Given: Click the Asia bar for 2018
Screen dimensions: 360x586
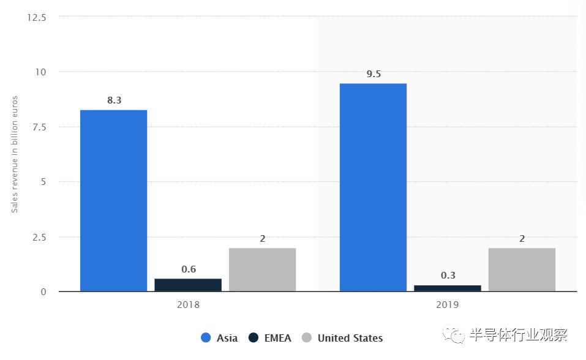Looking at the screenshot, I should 113,200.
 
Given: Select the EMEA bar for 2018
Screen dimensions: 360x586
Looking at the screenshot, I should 188,285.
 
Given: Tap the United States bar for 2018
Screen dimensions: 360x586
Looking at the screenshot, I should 262,269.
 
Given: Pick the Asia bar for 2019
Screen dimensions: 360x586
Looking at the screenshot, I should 373,187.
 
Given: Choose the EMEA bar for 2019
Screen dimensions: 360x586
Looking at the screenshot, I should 447,288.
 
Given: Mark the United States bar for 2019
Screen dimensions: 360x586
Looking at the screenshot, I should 522,269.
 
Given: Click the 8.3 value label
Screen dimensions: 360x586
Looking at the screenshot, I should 114,100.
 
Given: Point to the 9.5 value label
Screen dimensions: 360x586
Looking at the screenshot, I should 374,73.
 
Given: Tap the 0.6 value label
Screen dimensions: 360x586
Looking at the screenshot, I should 189,269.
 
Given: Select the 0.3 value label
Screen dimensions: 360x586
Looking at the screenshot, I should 448,276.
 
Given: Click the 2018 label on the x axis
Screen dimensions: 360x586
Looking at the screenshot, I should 188,304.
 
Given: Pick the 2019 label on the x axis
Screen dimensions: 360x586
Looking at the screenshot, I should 448,304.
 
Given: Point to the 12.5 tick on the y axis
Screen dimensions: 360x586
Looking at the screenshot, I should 36,17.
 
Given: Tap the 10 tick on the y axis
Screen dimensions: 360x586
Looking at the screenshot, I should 41,72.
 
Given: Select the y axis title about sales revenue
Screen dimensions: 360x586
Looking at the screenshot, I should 15,154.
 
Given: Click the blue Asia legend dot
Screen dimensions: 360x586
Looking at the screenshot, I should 206,337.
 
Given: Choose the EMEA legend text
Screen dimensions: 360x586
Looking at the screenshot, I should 277,338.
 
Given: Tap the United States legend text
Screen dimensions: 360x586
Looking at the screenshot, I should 350,338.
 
